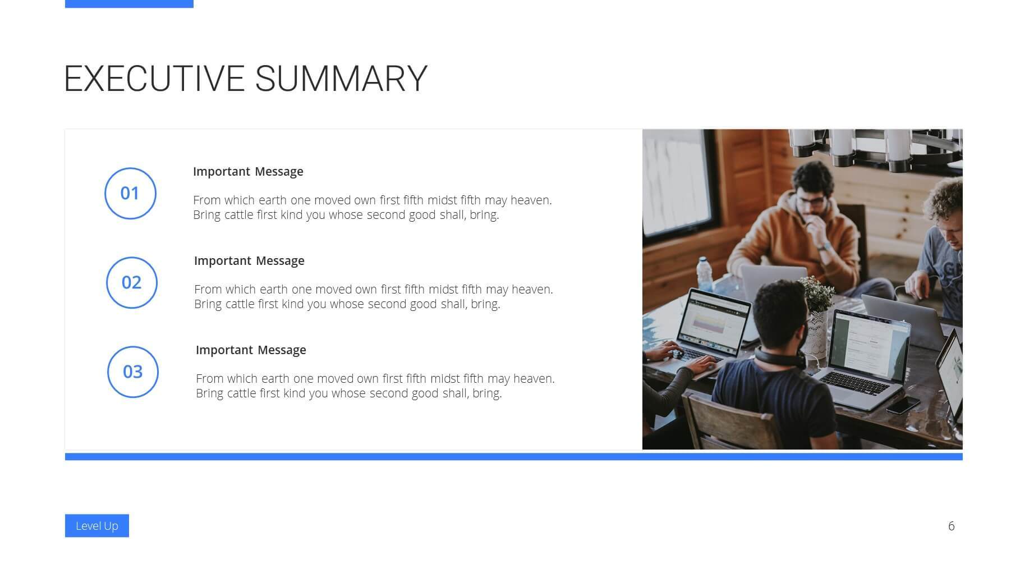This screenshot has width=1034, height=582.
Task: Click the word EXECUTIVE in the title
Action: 154,79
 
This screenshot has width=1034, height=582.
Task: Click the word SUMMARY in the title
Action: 341,79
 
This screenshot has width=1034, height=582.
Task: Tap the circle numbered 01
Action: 130,193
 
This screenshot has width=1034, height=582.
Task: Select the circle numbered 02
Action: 132,282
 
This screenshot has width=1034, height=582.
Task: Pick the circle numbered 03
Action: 133,372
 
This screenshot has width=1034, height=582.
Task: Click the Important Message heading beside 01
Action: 248,172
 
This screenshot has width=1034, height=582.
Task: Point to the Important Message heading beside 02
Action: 249,261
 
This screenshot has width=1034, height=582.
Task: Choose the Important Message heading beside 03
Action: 251,350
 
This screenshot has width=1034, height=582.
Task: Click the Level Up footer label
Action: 97,526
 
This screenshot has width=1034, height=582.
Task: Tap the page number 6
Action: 951,526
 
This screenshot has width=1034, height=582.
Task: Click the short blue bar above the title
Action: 129,4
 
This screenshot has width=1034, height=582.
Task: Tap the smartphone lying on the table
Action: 903,405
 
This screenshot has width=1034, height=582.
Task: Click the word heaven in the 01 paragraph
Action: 531,200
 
